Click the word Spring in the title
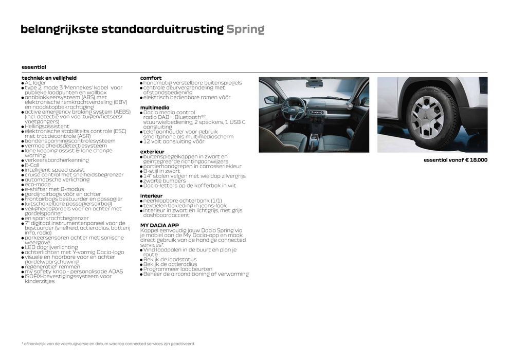(x=245, y=29)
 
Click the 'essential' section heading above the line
(x=34, y=67)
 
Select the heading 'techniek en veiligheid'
(x=49, y=78)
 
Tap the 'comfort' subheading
(x=151, y=78)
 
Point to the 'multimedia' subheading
(x=154, y=107)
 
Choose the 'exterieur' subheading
(x=152, y=152)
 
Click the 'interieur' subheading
(x=151, y=196)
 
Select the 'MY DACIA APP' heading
(x=159, y=225)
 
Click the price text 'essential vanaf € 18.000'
(x=455, y=160)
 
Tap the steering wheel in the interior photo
(x=294, y=107)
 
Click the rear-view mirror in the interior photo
(x=314, y=83)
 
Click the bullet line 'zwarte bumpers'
(x=164, y=181)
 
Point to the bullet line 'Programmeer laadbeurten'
(x=177, y=269)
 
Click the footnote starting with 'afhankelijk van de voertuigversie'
(x=108, y=344)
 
